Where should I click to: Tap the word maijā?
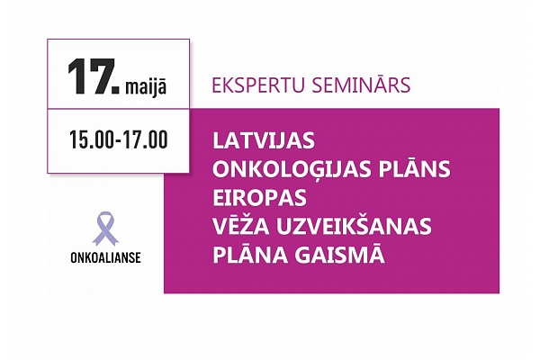tap(146, 86)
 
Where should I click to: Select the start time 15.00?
tap(91, 139)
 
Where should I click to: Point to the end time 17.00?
tap(146, 139)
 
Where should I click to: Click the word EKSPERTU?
tap(258, 85)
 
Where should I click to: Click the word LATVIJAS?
tap(264, 141)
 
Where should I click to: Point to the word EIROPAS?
tap(260, 198)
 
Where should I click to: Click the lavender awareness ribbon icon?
tap(105, 229)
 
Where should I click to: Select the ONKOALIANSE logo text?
tap(105, 257)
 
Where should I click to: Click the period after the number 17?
tap(116, 90)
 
